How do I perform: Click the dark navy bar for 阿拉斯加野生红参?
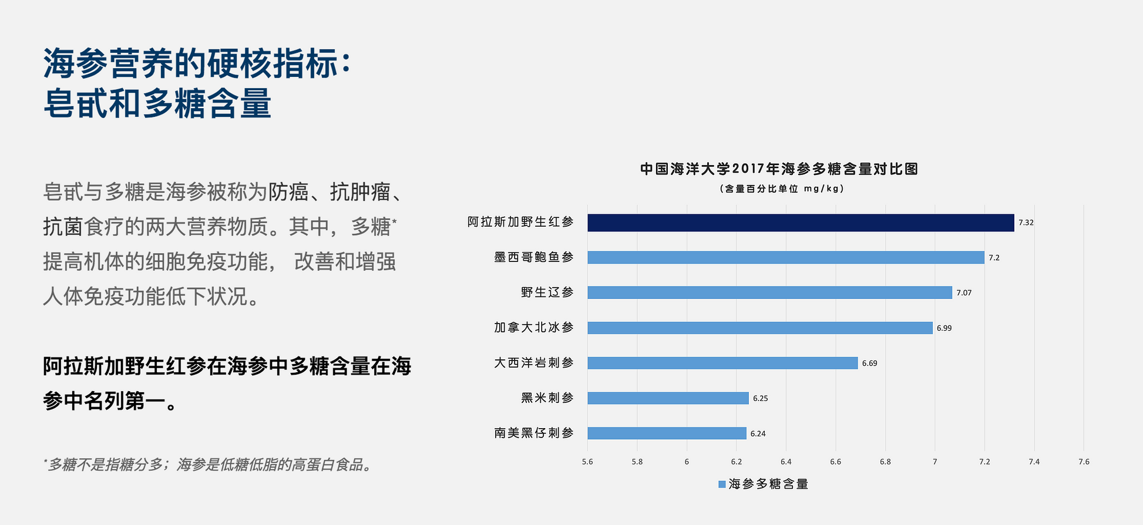(801, 223)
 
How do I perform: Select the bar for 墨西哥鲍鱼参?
(786, 257)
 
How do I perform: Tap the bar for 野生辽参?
(769, 292)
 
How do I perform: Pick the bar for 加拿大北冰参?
(760, 328)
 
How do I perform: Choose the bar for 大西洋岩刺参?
(722, 363)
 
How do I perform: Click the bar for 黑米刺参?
(668, 398)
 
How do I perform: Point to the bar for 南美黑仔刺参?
(667, 433)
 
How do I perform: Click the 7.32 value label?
(1026, 223)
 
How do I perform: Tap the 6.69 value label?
(869, 364)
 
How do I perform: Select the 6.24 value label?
(758, 434)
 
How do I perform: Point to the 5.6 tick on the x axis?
(587, 462)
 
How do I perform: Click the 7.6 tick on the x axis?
(1084, 462)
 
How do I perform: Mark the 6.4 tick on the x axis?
(786, 462)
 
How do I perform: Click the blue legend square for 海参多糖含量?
(722, 484)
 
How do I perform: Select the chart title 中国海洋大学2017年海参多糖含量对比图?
(779, 169)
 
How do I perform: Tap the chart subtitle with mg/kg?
(782, 189)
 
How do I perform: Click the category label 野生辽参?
(547, 292)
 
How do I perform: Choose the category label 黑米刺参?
(547, 398)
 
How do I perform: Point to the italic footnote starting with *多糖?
(207, 465)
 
